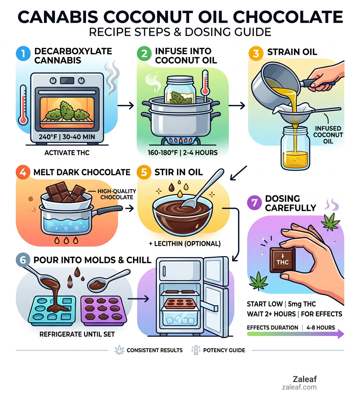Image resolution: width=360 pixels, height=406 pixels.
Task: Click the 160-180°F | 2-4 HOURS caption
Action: click(x=182, y=153)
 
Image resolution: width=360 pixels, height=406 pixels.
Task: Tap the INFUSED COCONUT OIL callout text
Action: click(x=328, y=135)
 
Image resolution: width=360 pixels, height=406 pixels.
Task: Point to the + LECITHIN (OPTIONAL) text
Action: click(x=182, y=243)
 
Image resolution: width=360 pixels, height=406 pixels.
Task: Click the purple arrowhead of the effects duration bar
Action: click(x=340, y=334)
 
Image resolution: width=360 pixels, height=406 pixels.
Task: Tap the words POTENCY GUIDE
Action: click(x=224, y=350)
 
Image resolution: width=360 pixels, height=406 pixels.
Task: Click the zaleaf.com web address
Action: click(x=299, y=387)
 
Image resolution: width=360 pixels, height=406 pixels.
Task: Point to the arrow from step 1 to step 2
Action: click(x=126, y=105)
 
